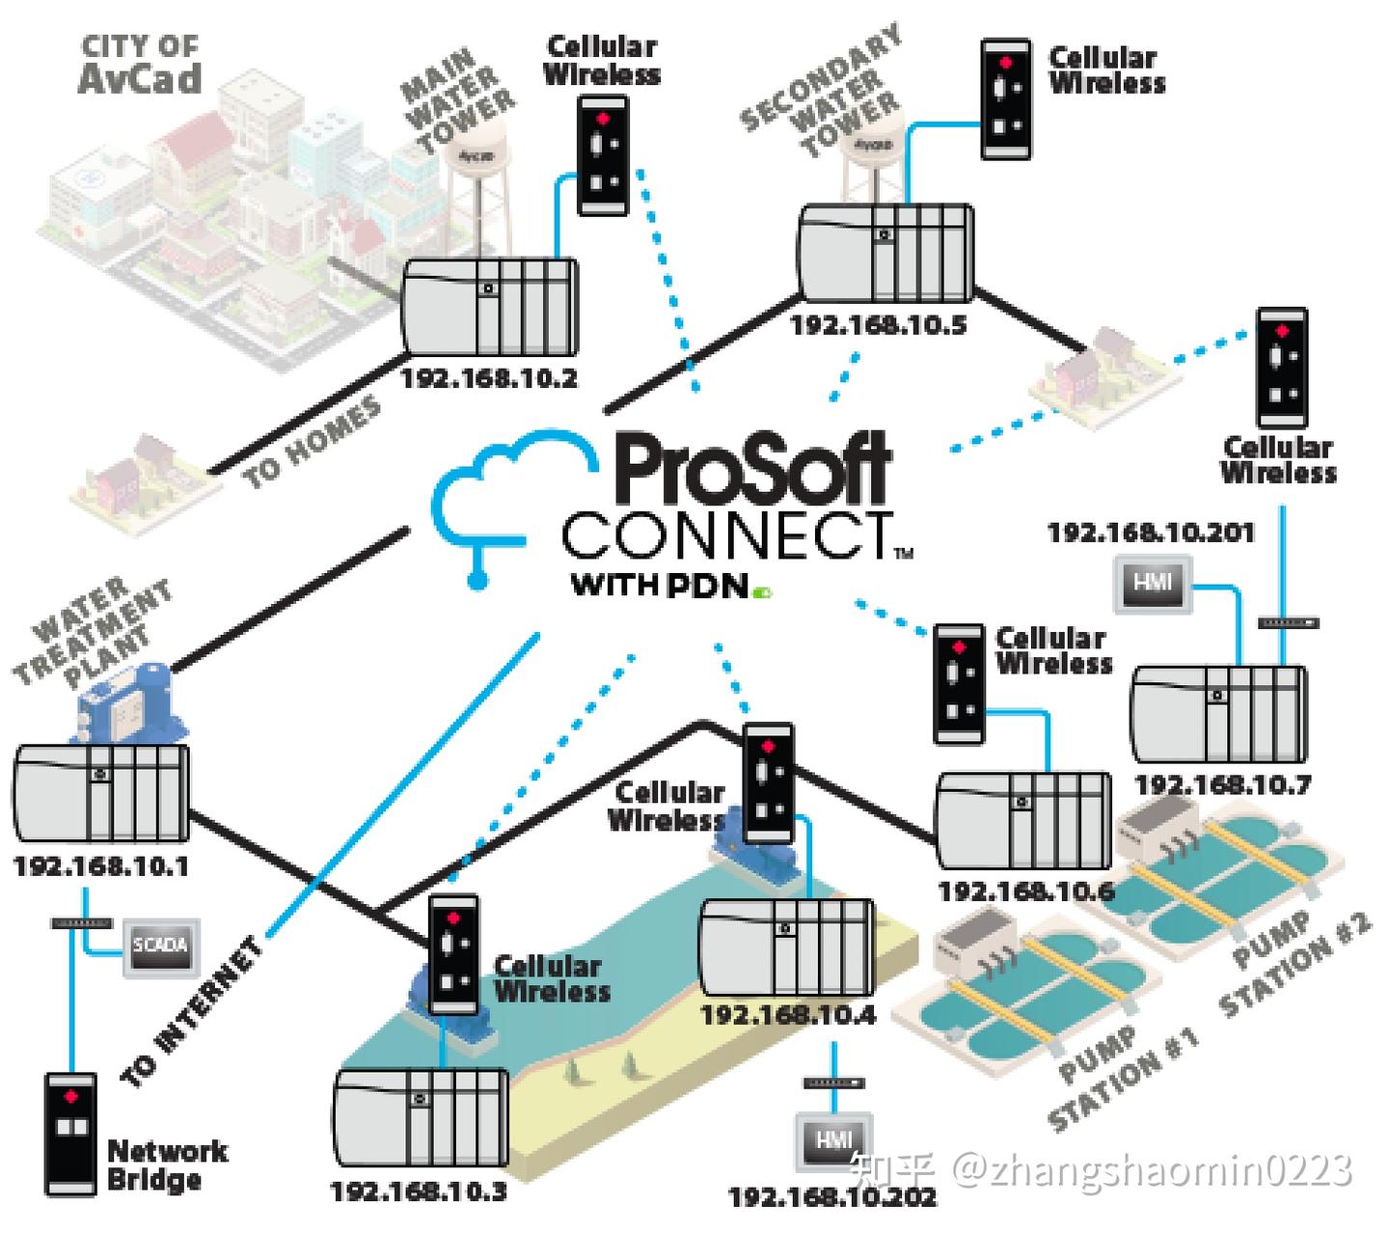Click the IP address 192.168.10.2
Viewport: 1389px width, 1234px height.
click(x=489, y=378)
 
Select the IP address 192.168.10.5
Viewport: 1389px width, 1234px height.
click(x=878, y=325)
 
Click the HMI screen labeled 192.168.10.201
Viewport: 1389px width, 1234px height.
click(x=1152, y=584)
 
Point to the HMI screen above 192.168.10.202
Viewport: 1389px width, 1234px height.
click(x=833, y=1140)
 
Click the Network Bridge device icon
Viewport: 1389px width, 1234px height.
click(x=70, y=1134)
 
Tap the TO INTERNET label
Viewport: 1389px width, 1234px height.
click(x=192, y=1012)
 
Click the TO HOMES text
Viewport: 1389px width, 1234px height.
click(x=311, y=444)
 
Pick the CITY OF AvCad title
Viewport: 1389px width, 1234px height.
click(x=140, y=65)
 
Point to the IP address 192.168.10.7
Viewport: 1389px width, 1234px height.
click(x=1222, y=784)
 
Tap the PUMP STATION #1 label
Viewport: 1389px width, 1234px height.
click(x=1125, y=1078)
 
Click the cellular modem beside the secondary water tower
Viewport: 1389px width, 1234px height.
click(x=1006, y=99)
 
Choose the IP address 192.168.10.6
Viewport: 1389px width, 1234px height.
click(x=1026, y=891)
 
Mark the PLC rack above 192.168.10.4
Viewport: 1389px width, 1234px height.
click(x=786, y=949)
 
